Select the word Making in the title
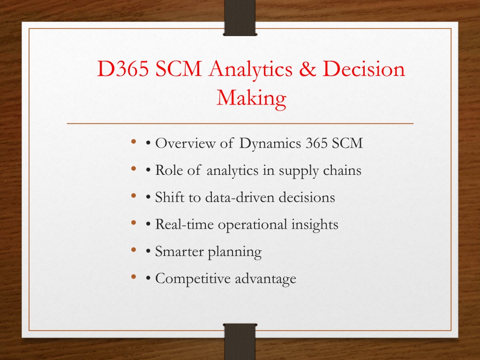[x=251, y=98]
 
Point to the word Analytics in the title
[x=250, y=69]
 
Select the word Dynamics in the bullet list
[x=270, y=143]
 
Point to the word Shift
[x=170, y=197]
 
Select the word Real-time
[x=184, y=224]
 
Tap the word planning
[x=234, y=252]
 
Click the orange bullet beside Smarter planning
[x=134, y=250]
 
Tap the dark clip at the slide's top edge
[x=240, y=18]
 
